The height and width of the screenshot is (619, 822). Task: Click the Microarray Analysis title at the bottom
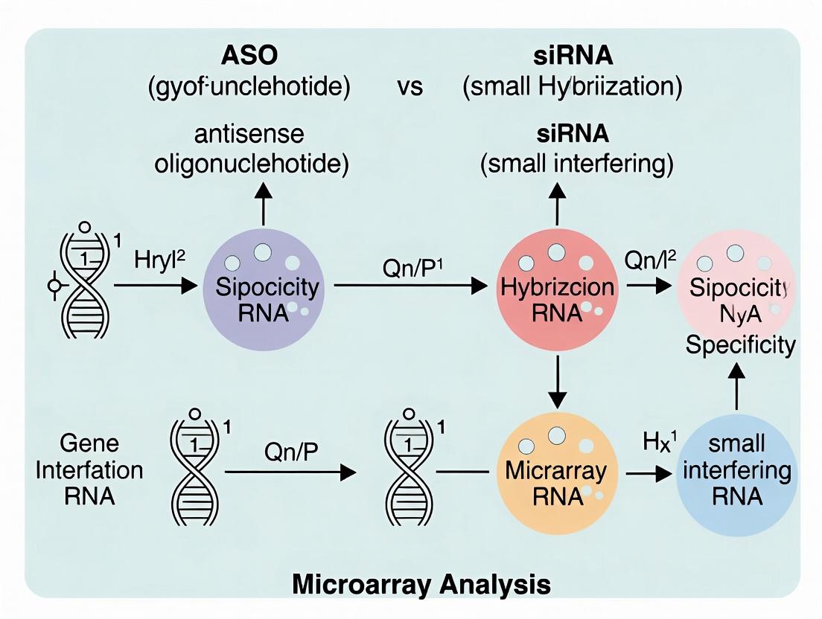click(421, 583)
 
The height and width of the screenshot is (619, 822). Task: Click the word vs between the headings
click(409, 87)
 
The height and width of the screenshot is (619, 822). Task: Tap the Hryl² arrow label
click(159, 263)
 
